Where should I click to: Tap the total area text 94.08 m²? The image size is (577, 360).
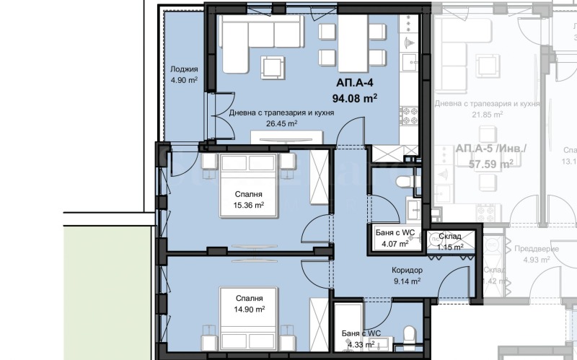point(354,98)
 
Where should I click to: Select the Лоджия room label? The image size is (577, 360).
point(183,70)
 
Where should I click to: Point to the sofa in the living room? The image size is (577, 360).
point(256,43)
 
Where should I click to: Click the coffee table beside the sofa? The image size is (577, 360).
point(273,67)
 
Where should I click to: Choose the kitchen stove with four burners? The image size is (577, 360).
point(410,114)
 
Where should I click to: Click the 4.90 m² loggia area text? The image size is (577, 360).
point(183,81)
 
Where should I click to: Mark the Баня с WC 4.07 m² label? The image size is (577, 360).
point(395,237)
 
